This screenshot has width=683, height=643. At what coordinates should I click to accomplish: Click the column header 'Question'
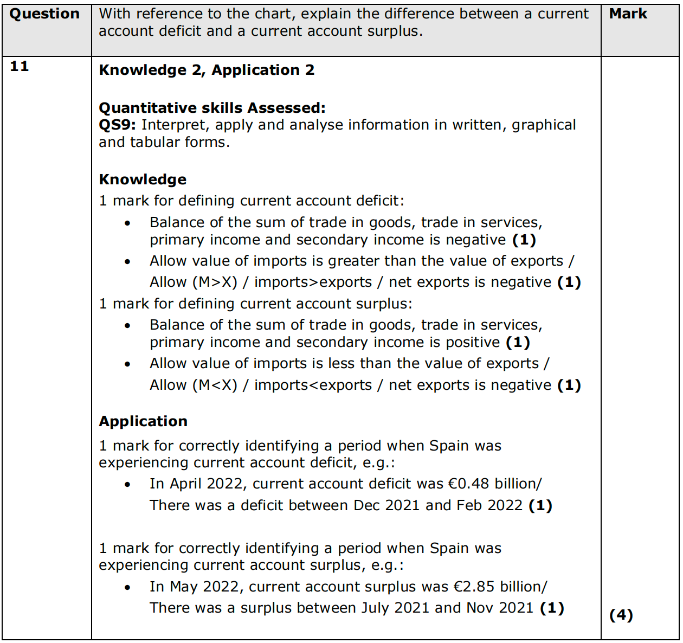click(44, 14)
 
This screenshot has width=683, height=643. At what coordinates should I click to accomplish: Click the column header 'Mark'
click(628, 14)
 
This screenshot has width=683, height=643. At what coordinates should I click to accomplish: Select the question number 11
click(20, 66)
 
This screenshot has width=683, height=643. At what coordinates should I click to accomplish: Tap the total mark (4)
click(621, 615)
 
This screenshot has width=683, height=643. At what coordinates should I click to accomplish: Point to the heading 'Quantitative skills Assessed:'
click(212, 108)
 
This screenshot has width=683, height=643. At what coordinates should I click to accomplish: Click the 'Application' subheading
click(143, 421)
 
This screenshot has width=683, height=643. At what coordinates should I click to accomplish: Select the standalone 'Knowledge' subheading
click(143, 179)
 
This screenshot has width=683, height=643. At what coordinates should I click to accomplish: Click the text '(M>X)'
click(215, 282)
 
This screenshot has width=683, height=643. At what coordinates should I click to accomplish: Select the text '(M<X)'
click(215, 385)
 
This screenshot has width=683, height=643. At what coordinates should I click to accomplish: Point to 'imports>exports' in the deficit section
click(313, 282)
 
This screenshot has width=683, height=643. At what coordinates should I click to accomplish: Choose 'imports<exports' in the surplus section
click(313, 385)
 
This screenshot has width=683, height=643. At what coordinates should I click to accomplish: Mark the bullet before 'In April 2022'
click(127, 485)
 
